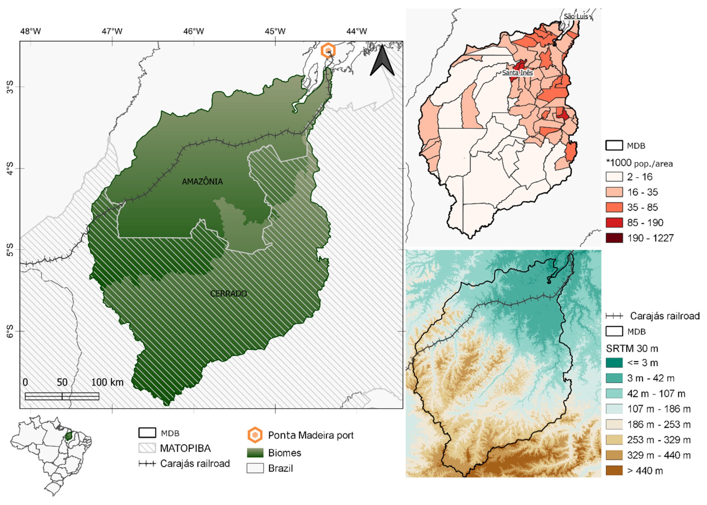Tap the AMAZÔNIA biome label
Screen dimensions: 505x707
[x=202, y=182]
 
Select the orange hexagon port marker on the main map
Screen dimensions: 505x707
[x=328, y=51]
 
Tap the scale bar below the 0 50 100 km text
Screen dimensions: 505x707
[x=62, y=396]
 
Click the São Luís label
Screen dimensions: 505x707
[x=576, y=16]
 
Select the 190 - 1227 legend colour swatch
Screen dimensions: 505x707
[x=614, y=238]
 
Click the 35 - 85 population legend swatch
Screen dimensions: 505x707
[x=614, y=207]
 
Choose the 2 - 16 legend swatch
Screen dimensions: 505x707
[x=614, y=177]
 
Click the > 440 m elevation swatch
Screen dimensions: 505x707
[x=614, y=470]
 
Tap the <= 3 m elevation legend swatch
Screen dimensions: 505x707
[x=614, y=363]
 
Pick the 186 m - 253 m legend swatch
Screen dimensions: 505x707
[x=614, y=424]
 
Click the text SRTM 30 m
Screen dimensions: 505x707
[x=632, y=348]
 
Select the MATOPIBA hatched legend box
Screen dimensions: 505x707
[x=147, y=448]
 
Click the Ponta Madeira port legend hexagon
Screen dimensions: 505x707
[x=255, y=435]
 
